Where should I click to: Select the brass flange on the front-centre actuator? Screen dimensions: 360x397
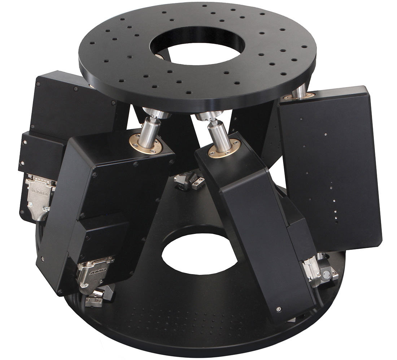[224, 148]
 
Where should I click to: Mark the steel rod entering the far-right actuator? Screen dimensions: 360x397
[299, 90]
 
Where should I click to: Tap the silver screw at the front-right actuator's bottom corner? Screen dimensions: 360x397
[279, 309]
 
